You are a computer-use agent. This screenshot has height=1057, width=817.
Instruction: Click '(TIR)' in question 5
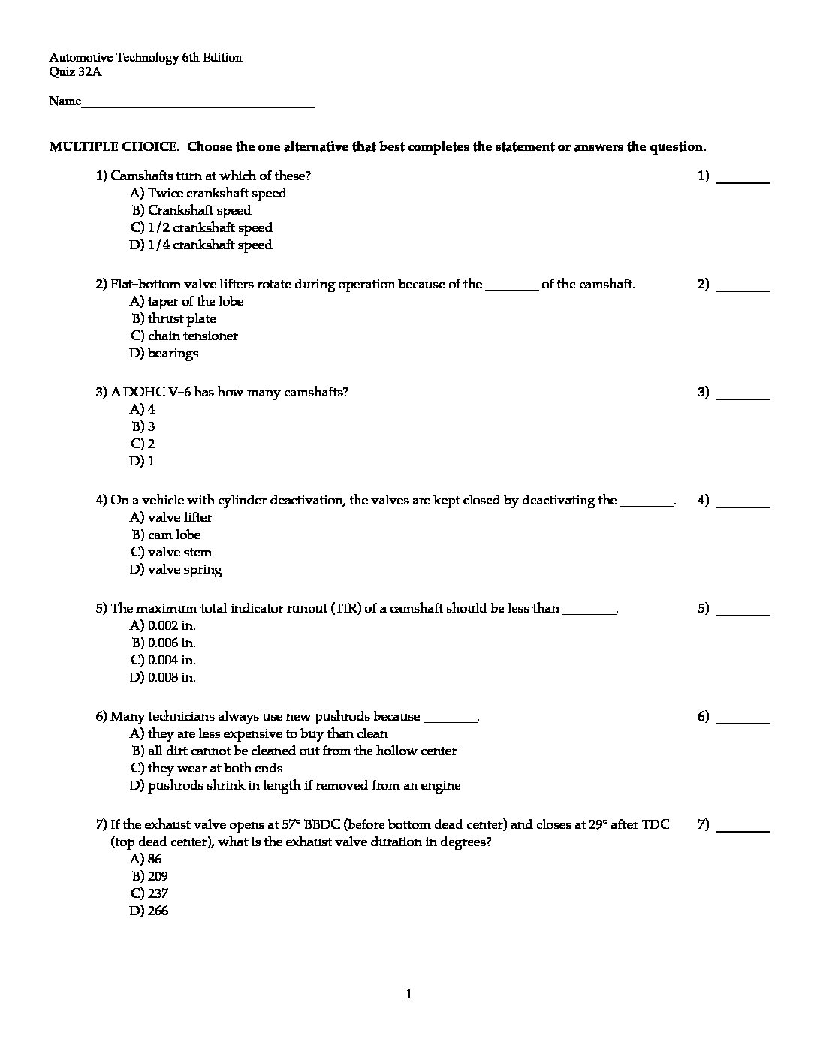coord(345,609)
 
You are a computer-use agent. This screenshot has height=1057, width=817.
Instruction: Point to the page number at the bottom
coord(408,995)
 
